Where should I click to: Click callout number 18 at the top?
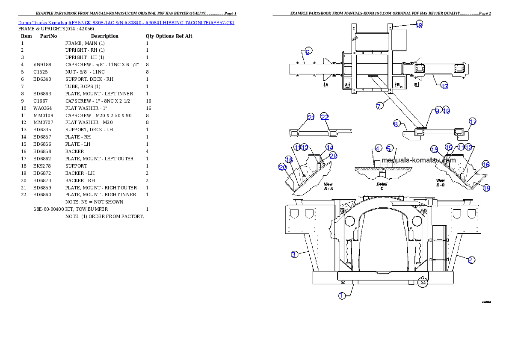click(419, 25)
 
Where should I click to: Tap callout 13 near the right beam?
click(445, 86)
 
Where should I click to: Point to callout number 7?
click(379, 106)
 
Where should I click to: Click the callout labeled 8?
click(397, 124)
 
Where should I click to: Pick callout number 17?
click(472, 122)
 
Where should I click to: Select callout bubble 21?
click(311, 118)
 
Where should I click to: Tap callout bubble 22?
click(325, 117)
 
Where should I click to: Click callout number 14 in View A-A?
click(329, 147)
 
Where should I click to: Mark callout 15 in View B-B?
click(435, 150)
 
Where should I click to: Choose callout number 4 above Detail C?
click(378, 148)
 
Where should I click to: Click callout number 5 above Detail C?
click(390, 148)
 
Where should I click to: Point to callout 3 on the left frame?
click(294, 254)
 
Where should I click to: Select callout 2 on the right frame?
click(471, 260)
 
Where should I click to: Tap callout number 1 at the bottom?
click(342, 295)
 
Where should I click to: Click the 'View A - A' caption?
click(328, 186)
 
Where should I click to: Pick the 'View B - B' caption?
click(441, 183)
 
